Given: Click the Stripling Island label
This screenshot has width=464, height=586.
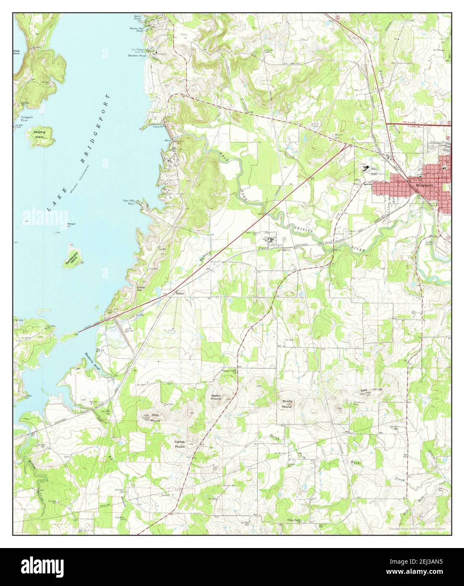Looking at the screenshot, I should tap(39, 134).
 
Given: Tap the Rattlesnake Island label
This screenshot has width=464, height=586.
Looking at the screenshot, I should tap(71, 261).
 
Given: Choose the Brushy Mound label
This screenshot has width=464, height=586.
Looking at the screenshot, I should tap(287, 404).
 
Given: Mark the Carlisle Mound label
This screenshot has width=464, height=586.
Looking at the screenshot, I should tap(180, 444).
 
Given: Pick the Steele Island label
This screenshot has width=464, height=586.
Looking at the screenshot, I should tap(16, 52).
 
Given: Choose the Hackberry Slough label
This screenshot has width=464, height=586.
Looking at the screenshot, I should tap(91, 360).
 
